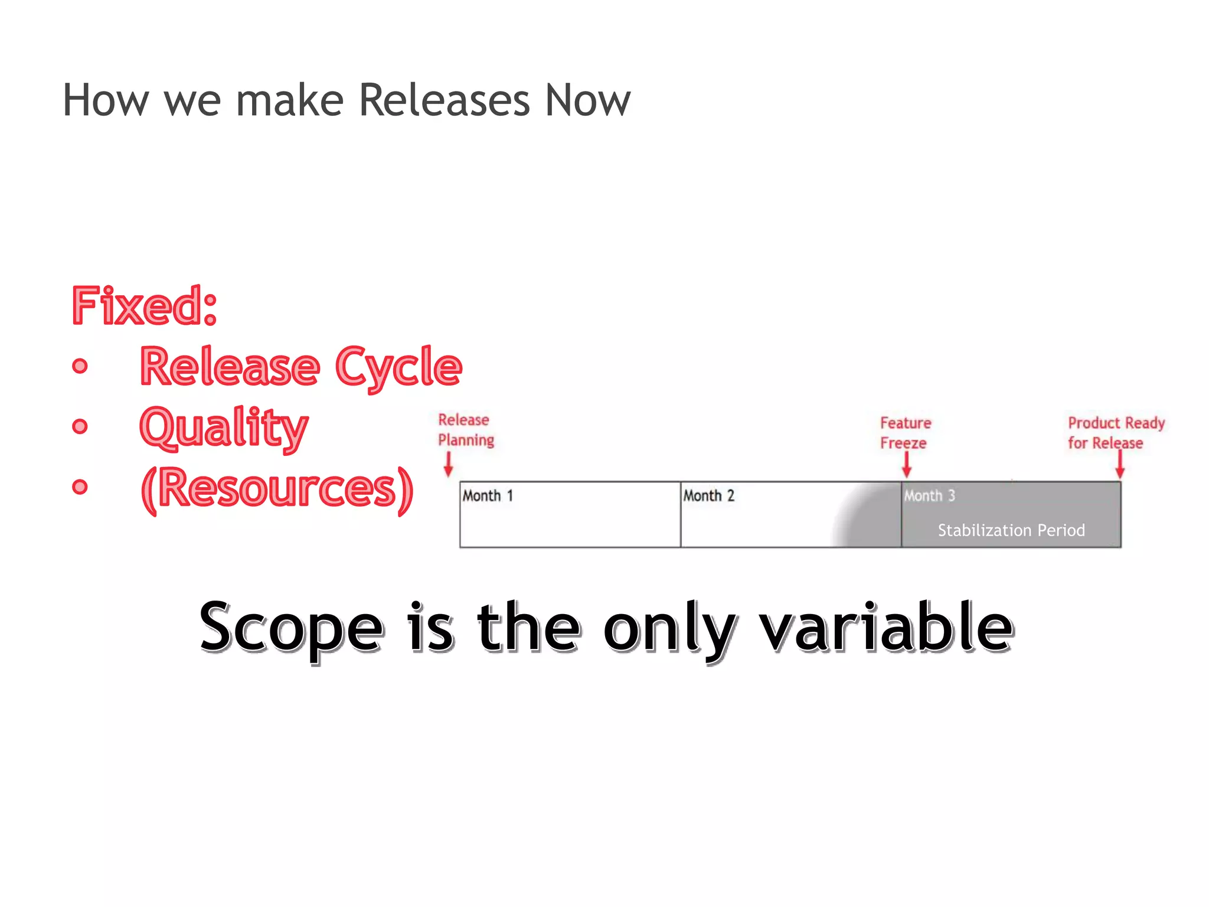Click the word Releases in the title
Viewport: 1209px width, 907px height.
click(x=444, y=100)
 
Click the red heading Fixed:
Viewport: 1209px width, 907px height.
click(x=145, y=306)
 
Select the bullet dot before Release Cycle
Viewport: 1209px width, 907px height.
click(x=80, y=366)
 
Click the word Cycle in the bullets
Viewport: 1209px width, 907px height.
click(x=398, y=367)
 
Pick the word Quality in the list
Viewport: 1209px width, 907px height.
click(x=224, y=428)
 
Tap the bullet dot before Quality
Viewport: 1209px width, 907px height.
click(x=80, y=426)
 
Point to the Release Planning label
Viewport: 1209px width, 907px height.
click(x=465, y=430)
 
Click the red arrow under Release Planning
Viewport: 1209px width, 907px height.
click(x=448, y=464)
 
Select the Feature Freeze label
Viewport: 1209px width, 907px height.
click(x=904, y=433)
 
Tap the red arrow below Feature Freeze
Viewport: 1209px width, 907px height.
click(x=907, y=465)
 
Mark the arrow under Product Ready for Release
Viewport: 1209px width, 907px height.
click(x=1119, y=465)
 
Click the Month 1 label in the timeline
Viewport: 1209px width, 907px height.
click(x=488, y=496)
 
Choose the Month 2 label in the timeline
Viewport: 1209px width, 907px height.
click(x=708, y=496)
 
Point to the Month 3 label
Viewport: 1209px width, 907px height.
click(x=929, y=496)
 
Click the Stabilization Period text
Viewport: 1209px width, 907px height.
click(x=1011, y=530)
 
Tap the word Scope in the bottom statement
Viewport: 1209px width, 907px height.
click(x=292, y=628)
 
